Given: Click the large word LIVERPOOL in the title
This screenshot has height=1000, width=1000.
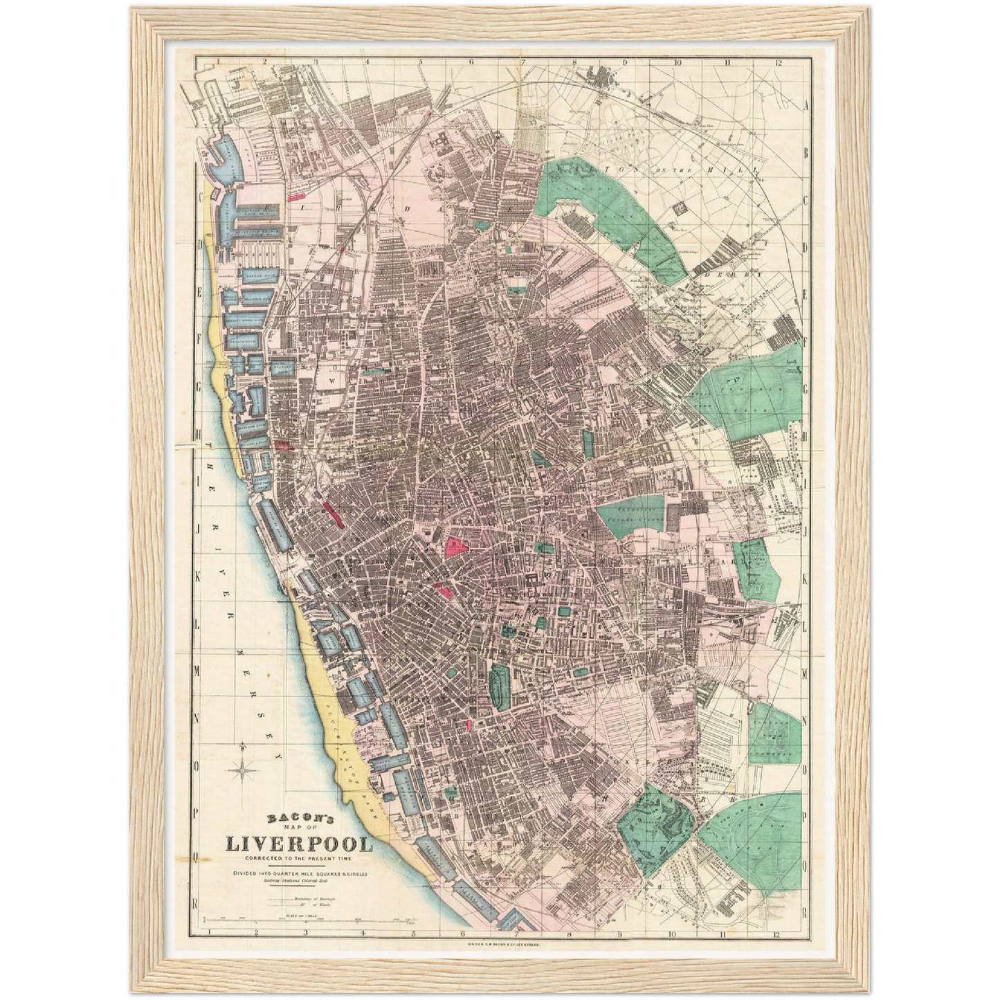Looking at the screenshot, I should [298, 845].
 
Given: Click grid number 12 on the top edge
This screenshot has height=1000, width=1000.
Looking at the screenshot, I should [778, 62].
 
